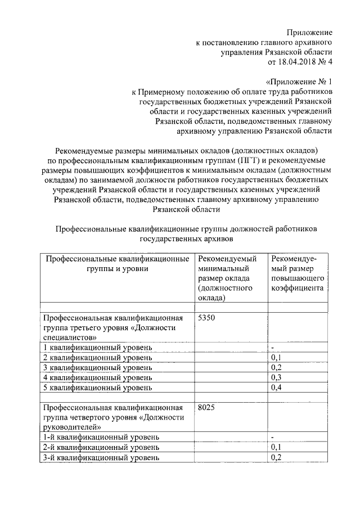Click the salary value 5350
click(x=207, y=318)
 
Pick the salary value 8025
click(x=207, y=407)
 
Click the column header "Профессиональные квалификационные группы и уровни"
click(x=117, y=264)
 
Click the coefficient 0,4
click(x=276, y=388)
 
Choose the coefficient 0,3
click(x=276, y=377)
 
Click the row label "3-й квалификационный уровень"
click(x=101, y=457)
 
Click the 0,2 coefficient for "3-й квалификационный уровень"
click(x=276, y=457)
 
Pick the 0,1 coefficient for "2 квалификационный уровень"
click(x=276, y=358)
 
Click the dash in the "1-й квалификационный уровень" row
click(x=273, y=437)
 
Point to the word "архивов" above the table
click(x=217, y=238)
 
